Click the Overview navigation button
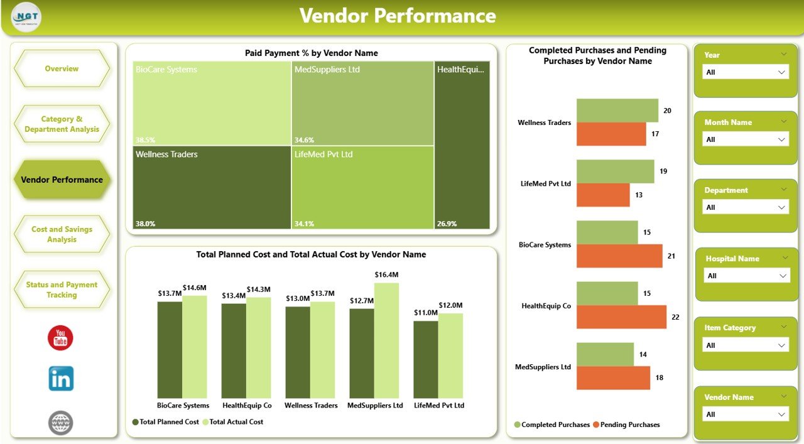(62, 68)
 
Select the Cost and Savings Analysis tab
(62, 234)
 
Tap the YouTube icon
(60, 338)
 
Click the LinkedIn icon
(61, 379)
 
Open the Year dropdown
(745, 72)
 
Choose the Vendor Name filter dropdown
(745, 414)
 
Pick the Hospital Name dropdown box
(746, 276)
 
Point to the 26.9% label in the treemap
(447, 224)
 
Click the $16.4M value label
(386, 274)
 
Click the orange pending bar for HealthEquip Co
(621, 317)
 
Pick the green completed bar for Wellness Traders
(617, 111)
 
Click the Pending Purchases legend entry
(629, 425)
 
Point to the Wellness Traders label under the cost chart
(311, 406)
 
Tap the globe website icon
(61, 423)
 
